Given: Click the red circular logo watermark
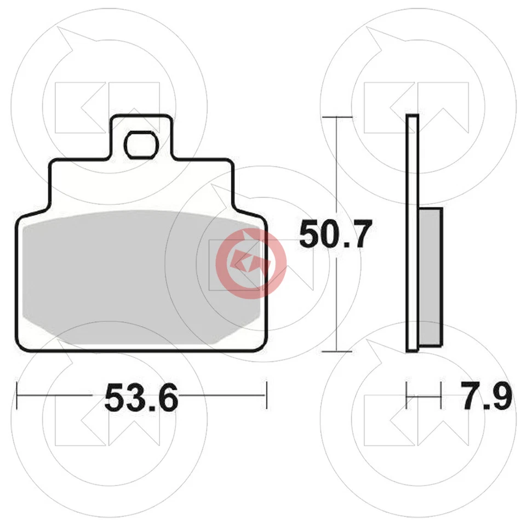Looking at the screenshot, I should (251, 264).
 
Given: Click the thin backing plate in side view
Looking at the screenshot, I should (413, 233).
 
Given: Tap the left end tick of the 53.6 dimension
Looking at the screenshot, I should (18, 395).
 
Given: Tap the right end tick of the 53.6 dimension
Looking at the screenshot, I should (266, 395).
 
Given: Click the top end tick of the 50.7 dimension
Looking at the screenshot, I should (336, 117).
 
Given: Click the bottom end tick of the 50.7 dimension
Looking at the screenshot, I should (336, 351).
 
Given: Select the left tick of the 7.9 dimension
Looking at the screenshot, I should (407, 395).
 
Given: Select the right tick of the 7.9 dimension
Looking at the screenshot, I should (441, 395).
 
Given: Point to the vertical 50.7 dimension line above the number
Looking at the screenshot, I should (336, 164).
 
